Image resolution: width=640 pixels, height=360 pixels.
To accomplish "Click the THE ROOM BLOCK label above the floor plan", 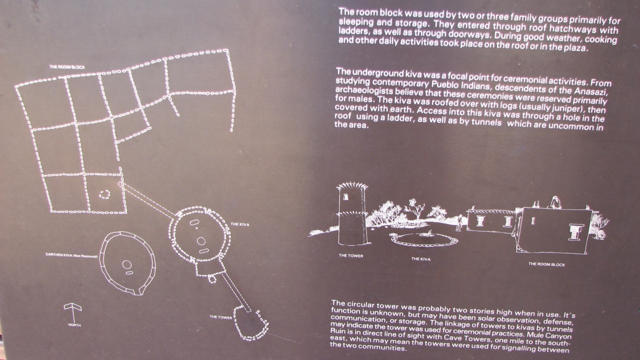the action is [x=67, y=67].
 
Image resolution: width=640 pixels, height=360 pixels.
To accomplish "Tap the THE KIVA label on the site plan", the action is [x=240, y=224].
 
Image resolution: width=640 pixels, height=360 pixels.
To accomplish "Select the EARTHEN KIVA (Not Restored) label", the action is [x=71, y=255].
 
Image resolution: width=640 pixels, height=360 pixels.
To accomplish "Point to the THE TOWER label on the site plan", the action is [x=221, y=317].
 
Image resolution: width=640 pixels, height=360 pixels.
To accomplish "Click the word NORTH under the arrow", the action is [x=74, y=325].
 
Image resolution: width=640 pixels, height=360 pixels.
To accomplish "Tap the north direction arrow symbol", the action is [x=73, y=312].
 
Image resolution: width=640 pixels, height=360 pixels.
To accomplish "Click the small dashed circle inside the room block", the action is [x=104, y=194].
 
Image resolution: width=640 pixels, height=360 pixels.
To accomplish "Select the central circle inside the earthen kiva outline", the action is [x=127, y=264].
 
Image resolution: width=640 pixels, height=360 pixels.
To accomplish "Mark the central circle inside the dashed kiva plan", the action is [x=201, y=241].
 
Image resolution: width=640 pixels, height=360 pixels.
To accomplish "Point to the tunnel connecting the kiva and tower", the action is [x=236, y=291].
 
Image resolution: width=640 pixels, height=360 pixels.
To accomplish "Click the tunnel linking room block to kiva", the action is [x=148, y=199].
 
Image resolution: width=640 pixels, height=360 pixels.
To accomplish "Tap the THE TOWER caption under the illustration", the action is [x=351, y=255].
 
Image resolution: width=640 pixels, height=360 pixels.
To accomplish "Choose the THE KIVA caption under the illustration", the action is [x=421, y=259].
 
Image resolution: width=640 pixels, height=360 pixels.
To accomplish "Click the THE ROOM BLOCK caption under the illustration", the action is [x=546, y=264].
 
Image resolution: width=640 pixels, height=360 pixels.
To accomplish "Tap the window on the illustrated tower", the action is [x=345, y=197].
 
